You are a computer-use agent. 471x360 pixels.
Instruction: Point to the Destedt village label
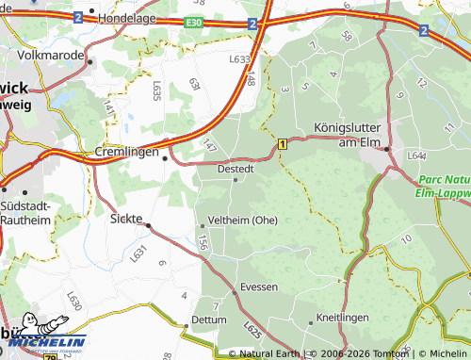tap(235, 170)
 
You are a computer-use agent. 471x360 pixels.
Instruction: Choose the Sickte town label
tap(125, 219)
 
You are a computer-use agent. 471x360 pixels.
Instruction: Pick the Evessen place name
tap(259, 286)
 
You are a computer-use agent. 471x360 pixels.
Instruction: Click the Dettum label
tap(209, 320)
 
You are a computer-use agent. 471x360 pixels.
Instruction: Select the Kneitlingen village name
tap(343, 318)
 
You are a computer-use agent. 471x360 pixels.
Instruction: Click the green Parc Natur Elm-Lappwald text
tap(445, 186)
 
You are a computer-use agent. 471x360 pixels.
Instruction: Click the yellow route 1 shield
tap(282, 143)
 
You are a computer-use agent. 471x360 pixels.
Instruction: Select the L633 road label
tap(239, 58)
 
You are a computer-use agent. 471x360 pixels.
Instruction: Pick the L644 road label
tap(416, 155)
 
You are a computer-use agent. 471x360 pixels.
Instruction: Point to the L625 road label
tap(252, 331)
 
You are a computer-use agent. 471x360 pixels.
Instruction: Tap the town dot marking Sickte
tap(148, 225)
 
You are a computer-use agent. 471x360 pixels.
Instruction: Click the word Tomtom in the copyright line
tap(387, 353)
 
